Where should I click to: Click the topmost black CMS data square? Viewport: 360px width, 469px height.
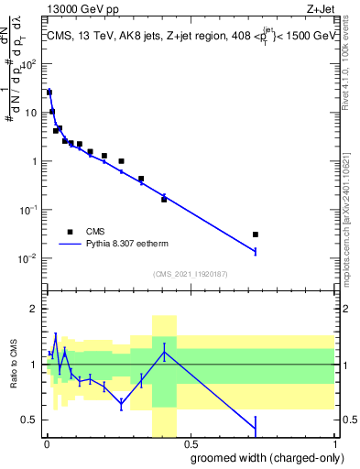pyautogui.click(x=49, y=93)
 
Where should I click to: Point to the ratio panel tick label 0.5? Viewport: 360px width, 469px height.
pyautogui.click(x=32, y=420)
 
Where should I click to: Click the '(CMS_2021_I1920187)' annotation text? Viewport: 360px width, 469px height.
pyautogui.click(x=191, y=274)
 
